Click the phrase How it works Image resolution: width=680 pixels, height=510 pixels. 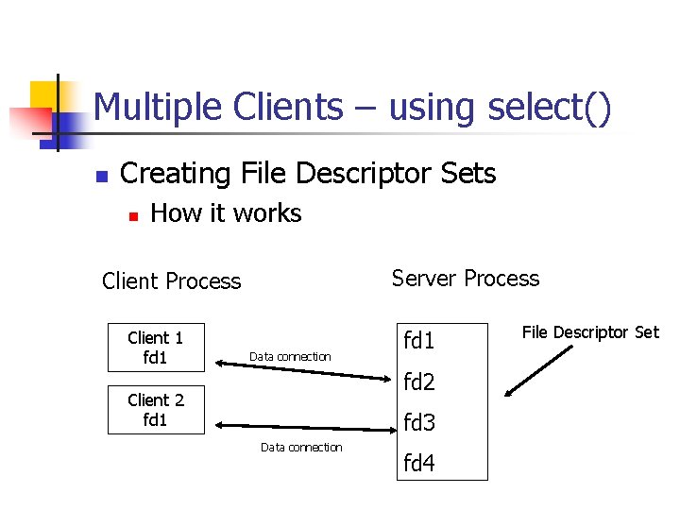click(226, 213)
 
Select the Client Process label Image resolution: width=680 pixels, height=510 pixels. click(171, 281)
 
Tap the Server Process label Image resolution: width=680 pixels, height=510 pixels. click(466, 279)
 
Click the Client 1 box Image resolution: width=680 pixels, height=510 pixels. click(156, 348)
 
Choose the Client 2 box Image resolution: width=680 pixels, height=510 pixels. click(156, 410)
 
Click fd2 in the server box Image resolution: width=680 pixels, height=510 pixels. click(419, 382)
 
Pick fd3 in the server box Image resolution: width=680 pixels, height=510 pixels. click(419, 423)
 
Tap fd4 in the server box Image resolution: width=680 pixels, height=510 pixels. click(419, 464)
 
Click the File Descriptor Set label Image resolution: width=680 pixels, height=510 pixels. click(590, 332)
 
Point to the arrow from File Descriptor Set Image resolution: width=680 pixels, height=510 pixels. click(538, 371)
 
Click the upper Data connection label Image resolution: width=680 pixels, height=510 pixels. click(290, 357)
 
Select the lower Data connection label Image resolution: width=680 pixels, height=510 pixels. click(301, 448)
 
